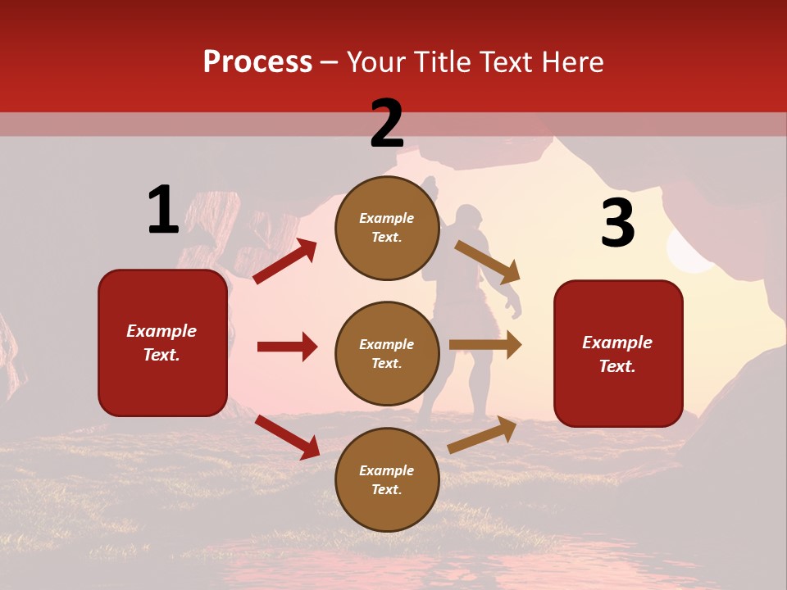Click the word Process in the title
coord(257,62)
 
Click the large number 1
coord(163,210)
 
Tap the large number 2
coord(387,124)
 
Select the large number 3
coord(617,224)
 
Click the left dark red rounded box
coord(162,343)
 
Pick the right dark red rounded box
coord(618,353)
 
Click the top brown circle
coord(387,228)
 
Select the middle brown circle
coord(387,354)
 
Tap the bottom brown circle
coord(387,480)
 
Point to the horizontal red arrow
coord(287,347)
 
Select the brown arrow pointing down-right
coord(488,261)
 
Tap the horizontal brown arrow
coord(485,345)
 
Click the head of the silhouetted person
coord(467,220)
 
